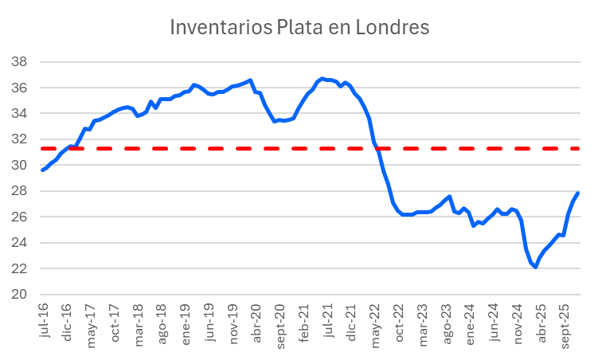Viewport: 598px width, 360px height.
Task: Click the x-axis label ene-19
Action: click(x=186, y=319)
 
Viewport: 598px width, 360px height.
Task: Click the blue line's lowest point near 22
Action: click(x=535, y=268)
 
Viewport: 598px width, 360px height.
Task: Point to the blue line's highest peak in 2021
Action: click(x=322, y=78)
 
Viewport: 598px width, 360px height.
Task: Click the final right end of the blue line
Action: click(x=578, y=193)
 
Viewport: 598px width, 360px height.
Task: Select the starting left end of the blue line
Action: click(x=42, y=170)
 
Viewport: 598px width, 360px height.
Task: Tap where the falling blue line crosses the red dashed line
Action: click(x=377, y=148)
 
